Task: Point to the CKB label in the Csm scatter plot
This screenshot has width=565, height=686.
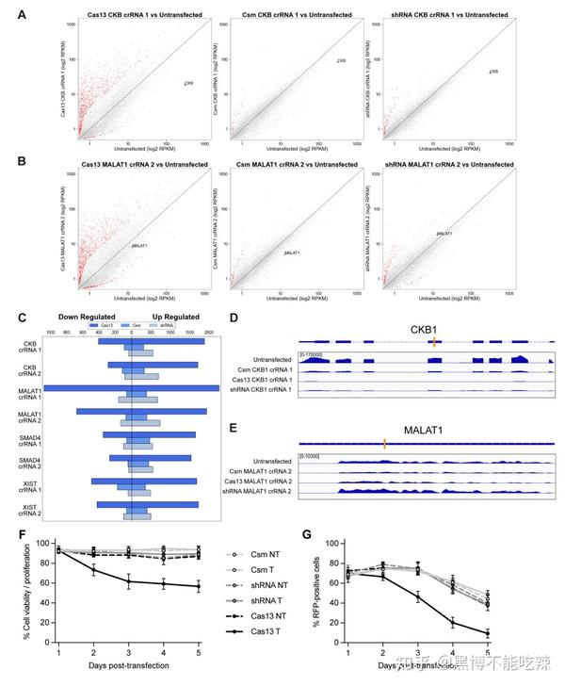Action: tap(341, 61)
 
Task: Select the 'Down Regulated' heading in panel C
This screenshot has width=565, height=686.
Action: tap(87, 318)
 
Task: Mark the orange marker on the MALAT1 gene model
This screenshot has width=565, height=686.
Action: tap(384, 443)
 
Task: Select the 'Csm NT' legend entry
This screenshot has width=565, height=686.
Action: tap(260, 555)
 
